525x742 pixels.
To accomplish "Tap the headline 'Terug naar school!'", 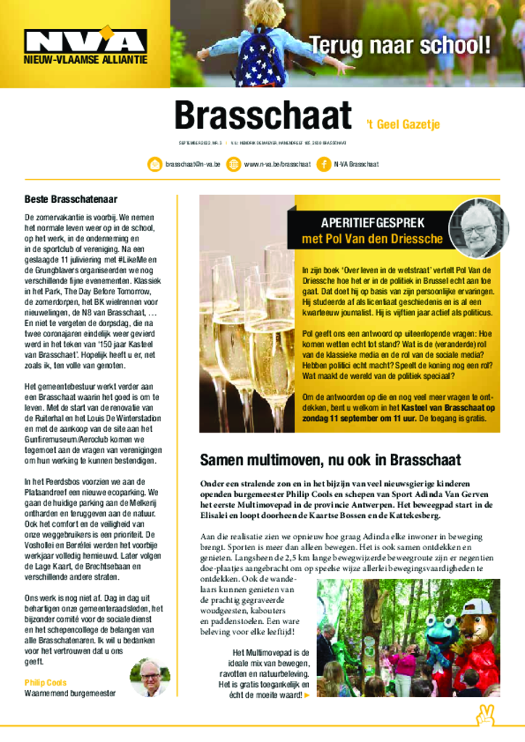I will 400,45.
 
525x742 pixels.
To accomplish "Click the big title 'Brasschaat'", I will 262,115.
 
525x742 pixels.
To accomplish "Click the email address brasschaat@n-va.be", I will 192,164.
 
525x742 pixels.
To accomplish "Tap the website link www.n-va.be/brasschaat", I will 277,164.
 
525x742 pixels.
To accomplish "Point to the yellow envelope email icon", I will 154,164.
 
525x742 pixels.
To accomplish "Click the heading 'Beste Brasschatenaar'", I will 71,199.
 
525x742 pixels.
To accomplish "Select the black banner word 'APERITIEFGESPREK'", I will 373,223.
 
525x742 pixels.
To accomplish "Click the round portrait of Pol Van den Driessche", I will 479,228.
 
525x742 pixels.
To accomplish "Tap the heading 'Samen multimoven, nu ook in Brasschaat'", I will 330,460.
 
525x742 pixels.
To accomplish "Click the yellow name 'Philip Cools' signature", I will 45,683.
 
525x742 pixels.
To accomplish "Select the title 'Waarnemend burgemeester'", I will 70,693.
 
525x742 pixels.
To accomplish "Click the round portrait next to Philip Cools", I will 150,678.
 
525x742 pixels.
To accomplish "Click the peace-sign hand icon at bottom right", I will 485,715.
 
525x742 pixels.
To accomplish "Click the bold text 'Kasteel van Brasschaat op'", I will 437,407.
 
